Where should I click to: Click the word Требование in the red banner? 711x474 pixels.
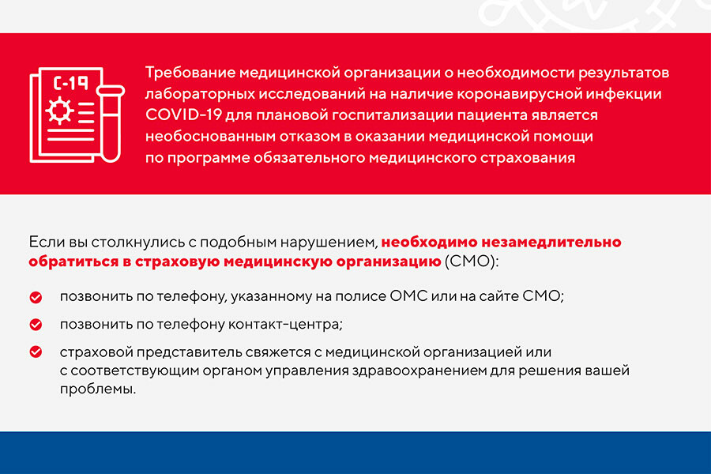[x=190, y=73]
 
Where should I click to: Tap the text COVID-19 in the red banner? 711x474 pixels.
[x=183, y=115]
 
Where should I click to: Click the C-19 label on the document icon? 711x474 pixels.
[x=70, y=83]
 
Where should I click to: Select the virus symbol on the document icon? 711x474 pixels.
[x=59, y=111]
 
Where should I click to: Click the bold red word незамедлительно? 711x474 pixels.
[x=551, y=243]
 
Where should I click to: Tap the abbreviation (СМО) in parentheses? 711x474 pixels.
[x=470, y=261]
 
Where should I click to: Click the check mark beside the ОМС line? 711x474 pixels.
[x=36, y=297]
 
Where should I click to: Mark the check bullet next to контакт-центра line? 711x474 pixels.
[x=36, y=325]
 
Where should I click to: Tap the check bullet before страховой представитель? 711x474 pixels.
[x=36, y=352]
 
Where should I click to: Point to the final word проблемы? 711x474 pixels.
[x=98, y=389]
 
